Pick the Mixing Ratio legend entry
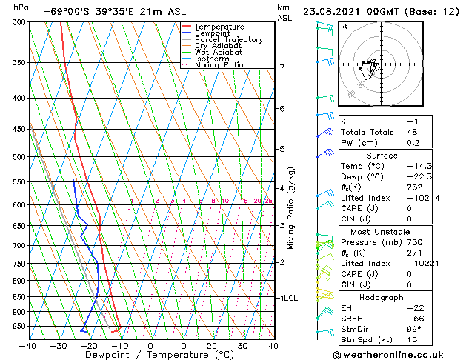[x=219, y=65]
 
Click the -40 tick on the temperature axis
[x=28, y=345]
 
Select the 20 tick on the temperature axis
[x=212, y=345]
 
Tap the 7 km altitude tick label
[x=282, y=67]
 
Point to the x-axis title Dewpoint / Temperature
[x=150, y=355]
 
